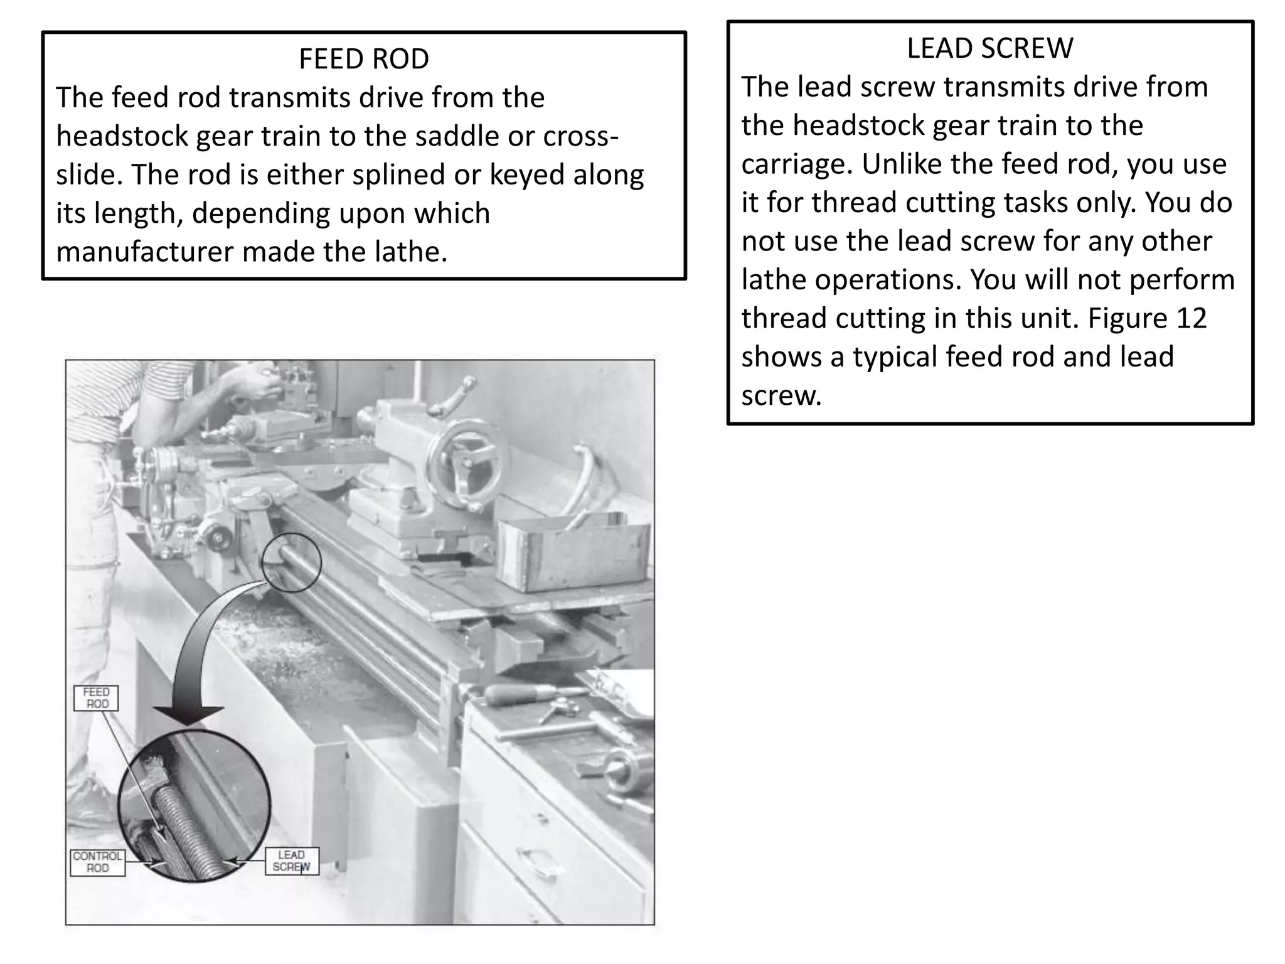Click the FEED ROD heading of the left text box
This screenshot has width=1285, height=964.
pyautogui.click(x=363, y=59)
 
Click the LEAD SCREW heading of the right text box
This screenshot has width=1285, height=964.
pyautogui.click(x=989, y=48)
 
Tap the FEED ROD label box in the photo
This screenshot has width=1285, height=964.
pyautogui.click(x=96, y=698)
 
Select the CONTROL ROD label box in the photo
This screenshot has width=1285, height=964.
pyautogui.click(x=97, y=862)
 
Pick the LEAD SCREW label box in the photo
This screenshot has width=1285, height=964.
pyautogui.click(x=292, y=861)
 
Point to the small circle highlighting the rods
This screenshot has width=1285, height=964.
pyautogui.click(x=292, y=562)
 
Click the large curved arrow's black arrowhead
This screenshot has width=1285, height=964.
pyautogui.click(x=188, y=715)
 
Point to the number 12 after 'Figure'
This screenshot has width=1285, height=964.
pyautogui.click(x=1191, y=318)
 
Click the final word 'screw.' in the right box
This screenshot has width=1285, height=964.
pyautogui.click(x=781, y=396)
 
